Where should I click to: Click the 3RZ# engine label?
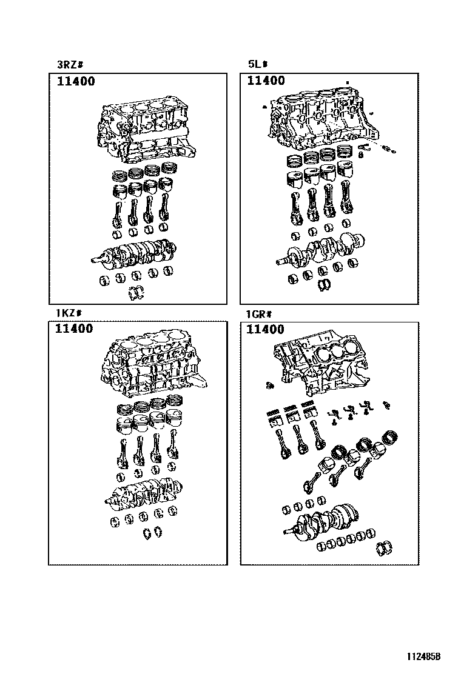(x=69, y=65)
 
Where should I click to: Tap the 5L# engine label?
(x=258, y=64)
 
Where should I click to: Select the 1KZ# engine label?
(x=68, y=313)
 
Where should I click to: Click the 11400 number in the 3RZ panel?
(x=76, y=81)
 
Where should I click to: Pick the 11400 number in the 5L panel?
(x=266, y=81)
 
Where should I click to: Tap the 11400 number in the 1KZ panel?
(x=74, y=329)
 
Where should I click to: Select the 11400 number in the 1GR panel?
(x=265, y=330)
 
